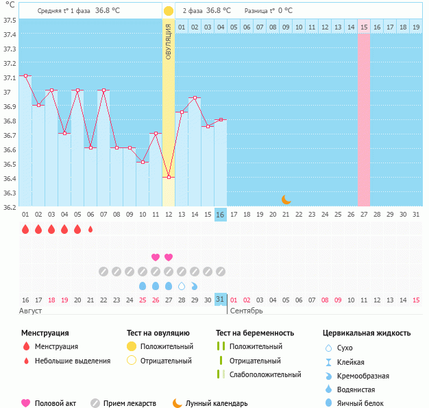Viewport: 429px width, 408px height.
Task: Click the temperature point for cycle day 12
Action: [169, 177]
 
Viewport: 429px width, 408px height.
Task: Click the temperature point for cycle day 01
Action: [25, 75]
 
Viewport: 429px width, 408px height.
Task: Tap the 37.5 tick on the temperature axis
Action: [10, 20]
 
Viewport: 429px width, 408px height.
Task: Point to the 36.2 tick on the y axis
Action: [10, 206]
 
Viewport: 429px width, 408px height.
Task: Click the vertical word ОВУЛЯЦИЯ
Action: [169, 42]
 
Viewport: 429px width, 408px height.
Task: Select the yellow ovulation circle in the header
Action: [169, 11]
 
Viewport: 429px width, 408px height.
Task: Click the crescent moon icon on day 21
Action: [286, 200]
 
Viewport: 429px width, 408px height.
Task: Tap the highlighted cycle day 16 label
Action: [220, 215]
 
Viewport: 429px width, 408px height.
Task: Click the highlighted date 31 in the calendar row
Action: [220, 300]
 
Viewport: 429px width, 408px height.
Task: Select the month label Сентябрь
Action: [247, 311]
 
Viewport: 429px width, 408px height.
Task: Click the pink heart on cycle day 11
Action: [156, 257]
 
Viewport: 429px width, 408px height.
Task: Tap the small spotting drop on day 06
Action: [90, 230]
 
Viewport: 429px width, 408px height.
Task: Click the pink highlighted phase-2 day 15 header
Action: [364, 27]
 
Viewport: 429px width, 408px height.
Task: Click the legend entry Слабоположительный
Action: [265, 374]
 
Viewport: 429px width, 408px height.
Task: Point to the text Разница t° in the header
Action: [260, 11]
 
